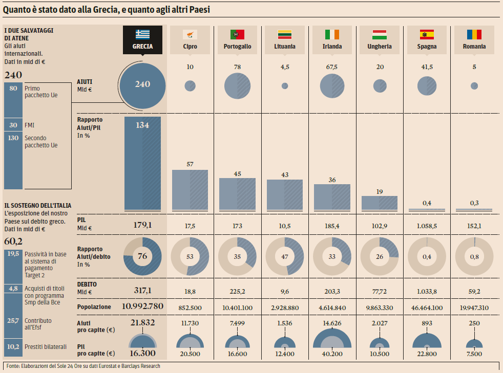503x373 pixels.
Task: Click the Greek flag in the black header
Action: point(143,34)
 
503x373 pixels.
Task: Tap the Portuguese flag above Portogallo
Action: point(237,34)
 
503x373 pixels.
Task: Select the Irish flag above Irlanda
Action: point(332,34)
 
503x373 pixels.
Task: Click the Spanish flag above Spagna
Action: point(427,34)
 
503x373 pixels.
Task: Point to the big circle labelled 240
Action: point(142,84)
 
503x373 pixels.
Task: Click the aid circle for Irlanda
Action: point(332,85)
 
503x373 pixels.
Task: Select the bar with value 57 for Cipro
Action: point(190,189)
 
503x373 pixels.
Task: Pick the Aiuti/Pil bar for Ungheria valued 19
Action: point(380,203)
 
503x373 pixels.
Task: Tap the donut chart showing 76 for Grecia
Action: point(142,256)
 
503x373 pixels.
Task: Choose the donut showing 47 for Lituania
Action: point(285,256)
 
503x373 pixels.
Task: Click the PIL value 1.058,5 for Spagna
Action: point(427,226)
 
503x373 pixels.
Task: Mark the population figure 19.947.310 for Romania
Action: point(474,307)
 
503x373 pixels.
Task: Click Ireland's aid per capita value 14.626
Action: point(332,323)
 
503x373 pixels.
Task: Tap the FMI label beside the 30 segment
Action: point(30,125)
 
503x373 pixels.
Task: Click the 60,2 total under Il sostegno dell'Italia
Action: point(13,241)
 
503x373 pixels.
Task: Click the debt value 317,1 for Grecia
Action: point(142,290)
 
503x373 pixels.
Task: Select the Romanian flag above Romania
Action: point(474,34)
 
